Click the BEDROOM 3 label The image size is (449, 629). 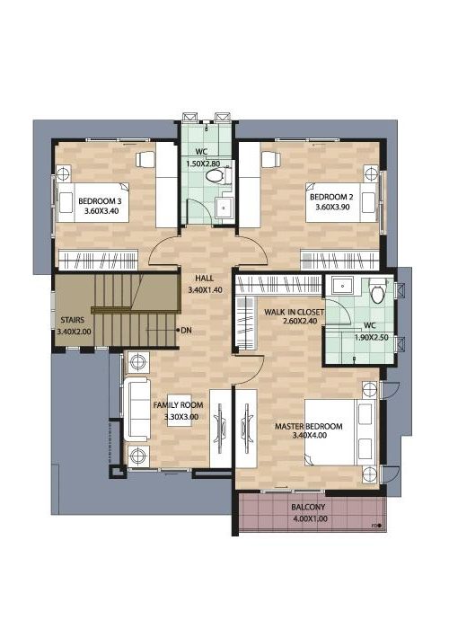click(x=100, y=201)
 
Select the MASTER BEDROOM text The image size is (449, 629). click(x=309, y=426)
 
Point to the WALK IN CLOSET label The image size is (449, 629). click(x=295, y=312)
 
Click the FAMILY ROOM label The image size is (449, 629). click(x=179, y=405)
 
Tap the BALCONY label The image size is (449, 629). click(x=308, y=507)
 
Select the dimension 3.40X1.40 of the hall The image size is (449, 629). click(x=205, y=289)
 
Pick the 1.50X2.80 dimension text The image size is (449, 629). click(x=204, y=164)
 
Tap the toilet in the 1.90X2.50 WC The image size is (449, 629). click(x=378, y=290)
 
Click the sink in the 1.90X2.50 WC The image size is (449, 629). click(x=342, y=286)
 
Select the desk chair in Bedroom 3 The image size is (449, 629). click(x=145, y=159)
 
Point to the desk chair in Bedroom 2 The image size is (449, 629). click(x=270, y=158)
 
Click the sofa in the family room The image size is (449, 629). click(x=136, y=409)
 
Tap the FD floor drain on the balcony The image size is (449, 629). click(x=379, y=525)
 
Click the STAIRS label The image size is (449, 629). click(x=73, y=320)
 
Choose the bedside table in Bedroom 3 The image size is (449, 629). click(x=63, y=174)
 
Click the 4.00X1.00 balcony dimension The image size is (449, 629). click(x=311, y=518)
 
